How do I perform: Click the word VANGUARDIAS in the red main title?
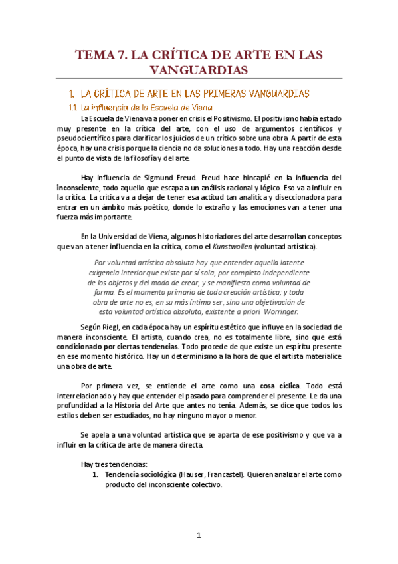199,70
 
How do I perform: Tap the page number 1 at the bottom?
199,536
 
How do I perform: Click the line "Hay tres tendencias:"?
114,463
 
